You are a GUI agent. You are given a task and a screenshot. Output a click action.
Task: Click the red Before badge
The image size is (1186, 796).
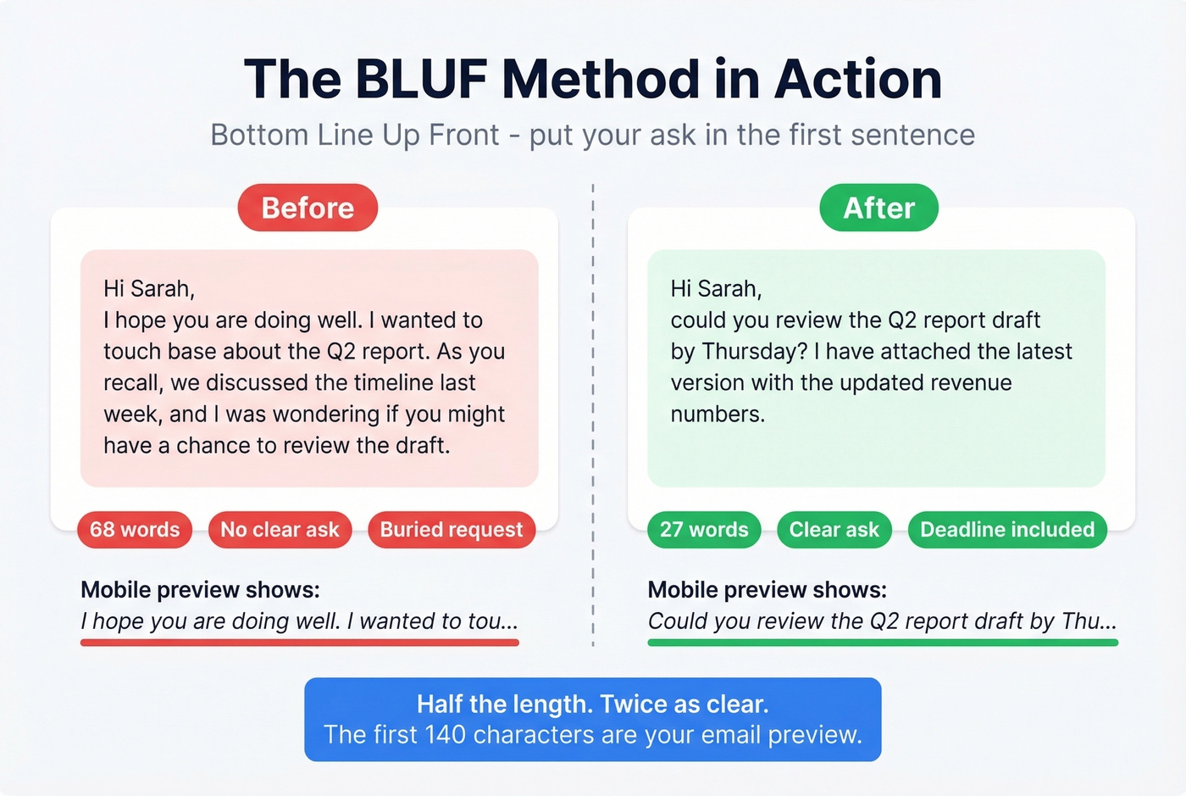(x=308, y=208)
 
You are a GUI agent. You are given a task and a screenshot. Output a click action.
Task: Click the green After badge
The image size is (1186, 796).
(x=878, y=208)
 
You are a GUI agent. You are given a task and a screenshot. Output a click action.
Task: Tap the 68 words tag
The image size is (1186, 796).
(x=135, y=530)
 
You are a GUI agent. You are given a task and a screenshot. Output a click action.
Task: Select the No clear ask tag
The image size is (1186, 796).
(x=280, y=530)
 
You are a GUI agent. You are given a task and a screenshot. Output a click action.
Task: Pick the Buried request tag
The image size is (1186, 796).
(x=452, y=530)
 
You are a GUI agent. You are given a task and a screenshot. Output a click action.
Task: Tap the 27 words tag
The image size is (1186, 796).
(x=704, y=530)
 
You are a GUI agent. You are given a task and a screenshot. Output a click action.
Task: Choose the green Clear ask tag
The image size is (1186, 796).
(x=834, y=530)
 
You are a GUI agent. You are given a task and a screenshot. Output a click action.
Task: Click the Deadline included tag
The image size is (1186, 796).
(x=1007, y=530)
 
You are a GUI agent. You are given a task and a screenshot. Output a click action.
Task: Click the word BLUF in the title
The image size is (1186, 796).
(x=420, y=80)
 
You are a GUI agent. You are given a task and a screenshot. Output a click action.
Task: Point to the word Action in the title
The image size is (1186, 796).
(x=857, y=80)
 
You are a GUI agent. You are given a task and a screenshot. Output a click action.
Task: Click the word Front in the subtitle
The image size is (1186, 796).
(x=464, y=135)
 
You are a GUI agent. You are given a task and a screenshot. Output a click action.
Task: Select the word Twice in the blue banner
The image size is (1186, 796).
(x=635, y=704)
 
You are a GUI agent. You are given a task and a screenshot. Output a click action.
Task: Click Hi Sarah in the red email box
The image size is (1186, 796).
(x=149, y=289)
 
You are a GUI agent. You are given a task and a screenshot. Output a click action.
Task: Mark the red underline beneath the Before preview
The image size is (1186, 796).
(x=299, y=643)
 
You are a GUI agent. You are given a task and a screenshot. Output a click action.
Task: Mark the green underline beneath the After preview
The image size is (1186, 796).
(x=883, y=643)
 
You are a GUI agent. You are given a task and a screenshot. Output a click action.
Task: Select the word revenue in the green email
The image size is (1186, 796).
(x=971, y=383)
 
